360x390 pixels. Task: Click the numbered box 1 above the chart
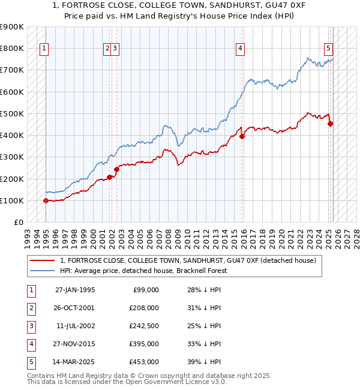[x=45, y=49]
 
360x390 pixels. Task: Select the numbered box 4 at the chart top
[x=240, y=49]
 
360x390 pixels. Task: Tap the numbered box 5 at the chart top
[x=329, y=49]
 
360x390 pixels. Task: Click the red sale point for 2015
[x=242, y=136]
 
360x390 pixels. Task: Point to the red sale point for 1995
[x=46, y=200]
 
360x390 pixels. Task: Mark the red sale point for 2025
[x=331, y=124]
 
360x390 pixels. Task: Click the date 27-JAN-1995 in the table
[x=75, y=290]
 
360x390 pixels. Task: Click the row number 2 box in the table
[x=31, y=308]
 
